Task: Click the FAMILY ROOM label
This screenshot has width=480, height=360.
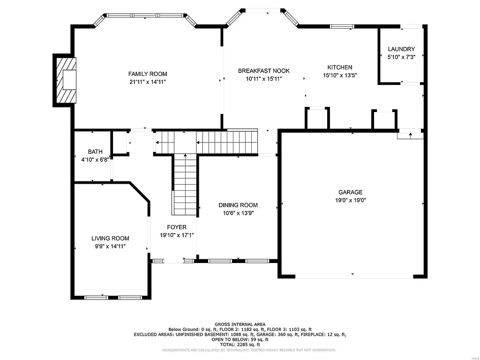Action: [x=148, y=74]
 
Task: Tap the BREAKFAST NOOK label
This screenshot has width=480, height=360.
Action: [x=264, y=71]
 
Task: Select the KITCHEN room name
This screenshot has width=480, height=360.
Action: [x=340, y=67]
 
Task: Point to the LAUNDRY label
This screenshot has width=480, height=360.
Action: [x=401, y=49]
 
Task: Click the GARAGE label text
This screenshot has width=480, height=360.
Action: [x=351, y=192]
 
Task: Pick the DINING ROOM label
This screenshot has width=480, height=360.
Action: [x=238, y=205]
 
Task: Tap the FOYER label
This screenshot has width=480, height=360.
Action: [x=173, y=227]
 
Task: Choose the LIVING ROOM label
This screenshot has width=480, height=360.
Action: [x=110, y=239]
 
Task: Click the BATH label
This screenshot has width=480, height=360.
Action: [x=95, y=152]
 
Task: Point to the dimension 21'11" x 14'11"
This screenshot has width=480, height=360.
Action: [x=148, y=82]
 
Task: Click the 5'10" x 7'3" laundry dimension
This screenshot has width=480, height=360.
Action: [x=401, y=57]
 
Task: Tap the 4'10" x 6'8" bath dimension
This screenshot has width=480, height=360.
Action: [x=95, y=159]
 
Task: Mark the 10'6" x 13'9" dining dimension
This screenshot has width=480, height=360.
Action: [x=238, y=213]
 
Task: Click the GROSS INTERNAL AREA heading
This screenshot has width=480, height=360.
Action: [x=240, y=324]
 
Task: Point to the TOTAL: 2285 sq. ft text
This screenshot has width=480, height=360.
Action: [x=240, y=344]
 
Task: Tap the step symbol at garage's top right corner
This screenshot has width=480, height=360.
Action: [x=411, y=135]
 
